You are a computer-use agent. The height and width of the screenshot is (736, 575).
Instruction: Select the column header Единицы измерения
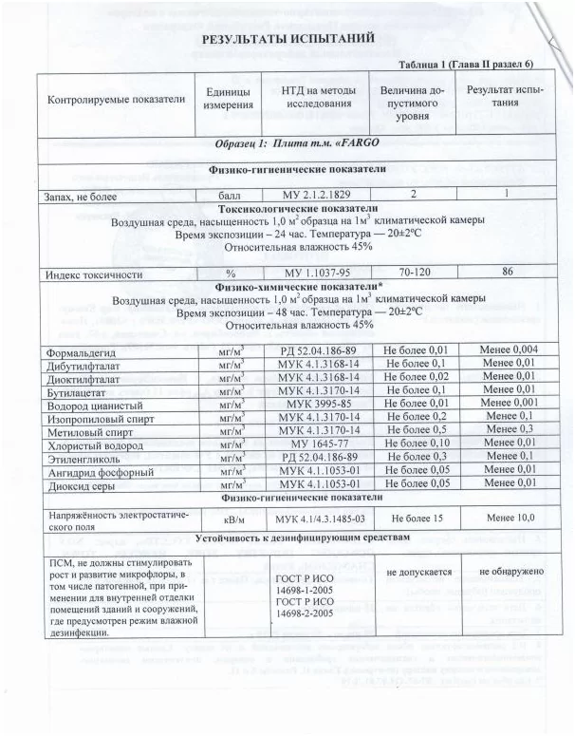(227, 97)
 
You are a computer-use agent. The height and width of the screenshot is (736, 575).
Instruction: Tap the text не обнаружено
(510, 571)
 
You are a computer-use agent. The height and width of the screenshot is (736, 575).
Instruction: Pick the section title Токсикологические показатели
(297, 208)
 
